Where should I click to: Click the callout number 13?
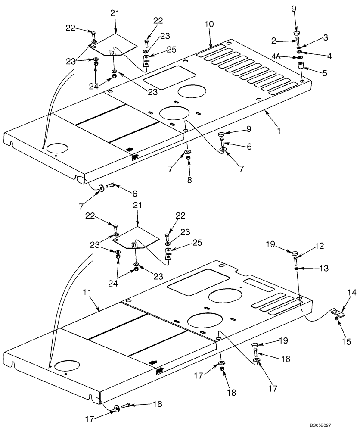324,268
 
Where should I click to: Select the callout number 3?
326,38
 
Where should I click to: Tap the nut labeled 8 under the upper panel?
188,159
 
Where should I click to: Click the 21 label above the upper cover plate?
114,13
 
